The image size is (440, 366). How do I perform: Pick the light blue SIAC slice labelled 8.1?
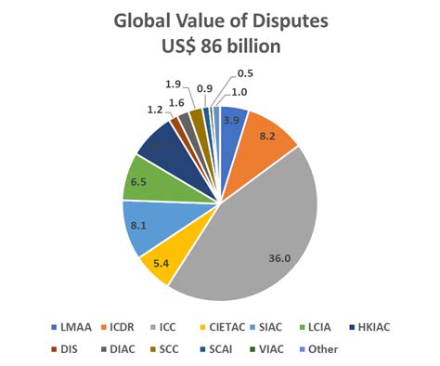pyautogui.click(x=142, y=224)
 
